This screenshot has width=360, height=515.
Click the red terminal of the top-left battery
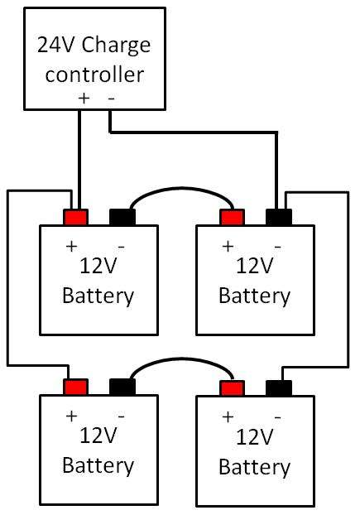76,218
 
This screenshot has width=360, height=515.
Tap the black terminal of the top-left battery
122,218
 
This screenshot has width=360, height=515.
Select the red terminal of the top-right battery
232,218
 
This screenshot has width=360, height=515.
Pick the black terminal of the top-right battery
278,218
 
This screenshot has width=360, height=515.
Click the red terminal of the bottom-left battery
76,387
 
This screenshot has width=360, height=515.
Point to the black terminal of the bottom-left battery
122,387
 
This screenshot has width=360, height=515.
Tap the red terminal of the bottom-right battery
232,388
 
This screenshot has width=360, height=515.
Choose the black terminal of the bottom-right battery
278,388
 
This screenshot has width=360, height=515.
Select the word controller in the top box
94,74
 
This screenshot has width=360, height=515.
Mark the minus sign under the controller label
111,98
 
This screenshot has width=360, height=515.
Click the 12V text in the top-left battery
98,267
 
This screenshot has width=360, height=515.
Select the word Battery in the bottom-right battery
254,467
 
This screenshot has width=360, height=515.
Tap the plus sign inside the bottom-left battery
72,416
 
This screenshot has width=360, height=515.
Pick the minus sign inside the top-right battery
277,246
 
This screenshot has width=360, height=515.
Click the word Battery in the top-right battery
254,296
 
